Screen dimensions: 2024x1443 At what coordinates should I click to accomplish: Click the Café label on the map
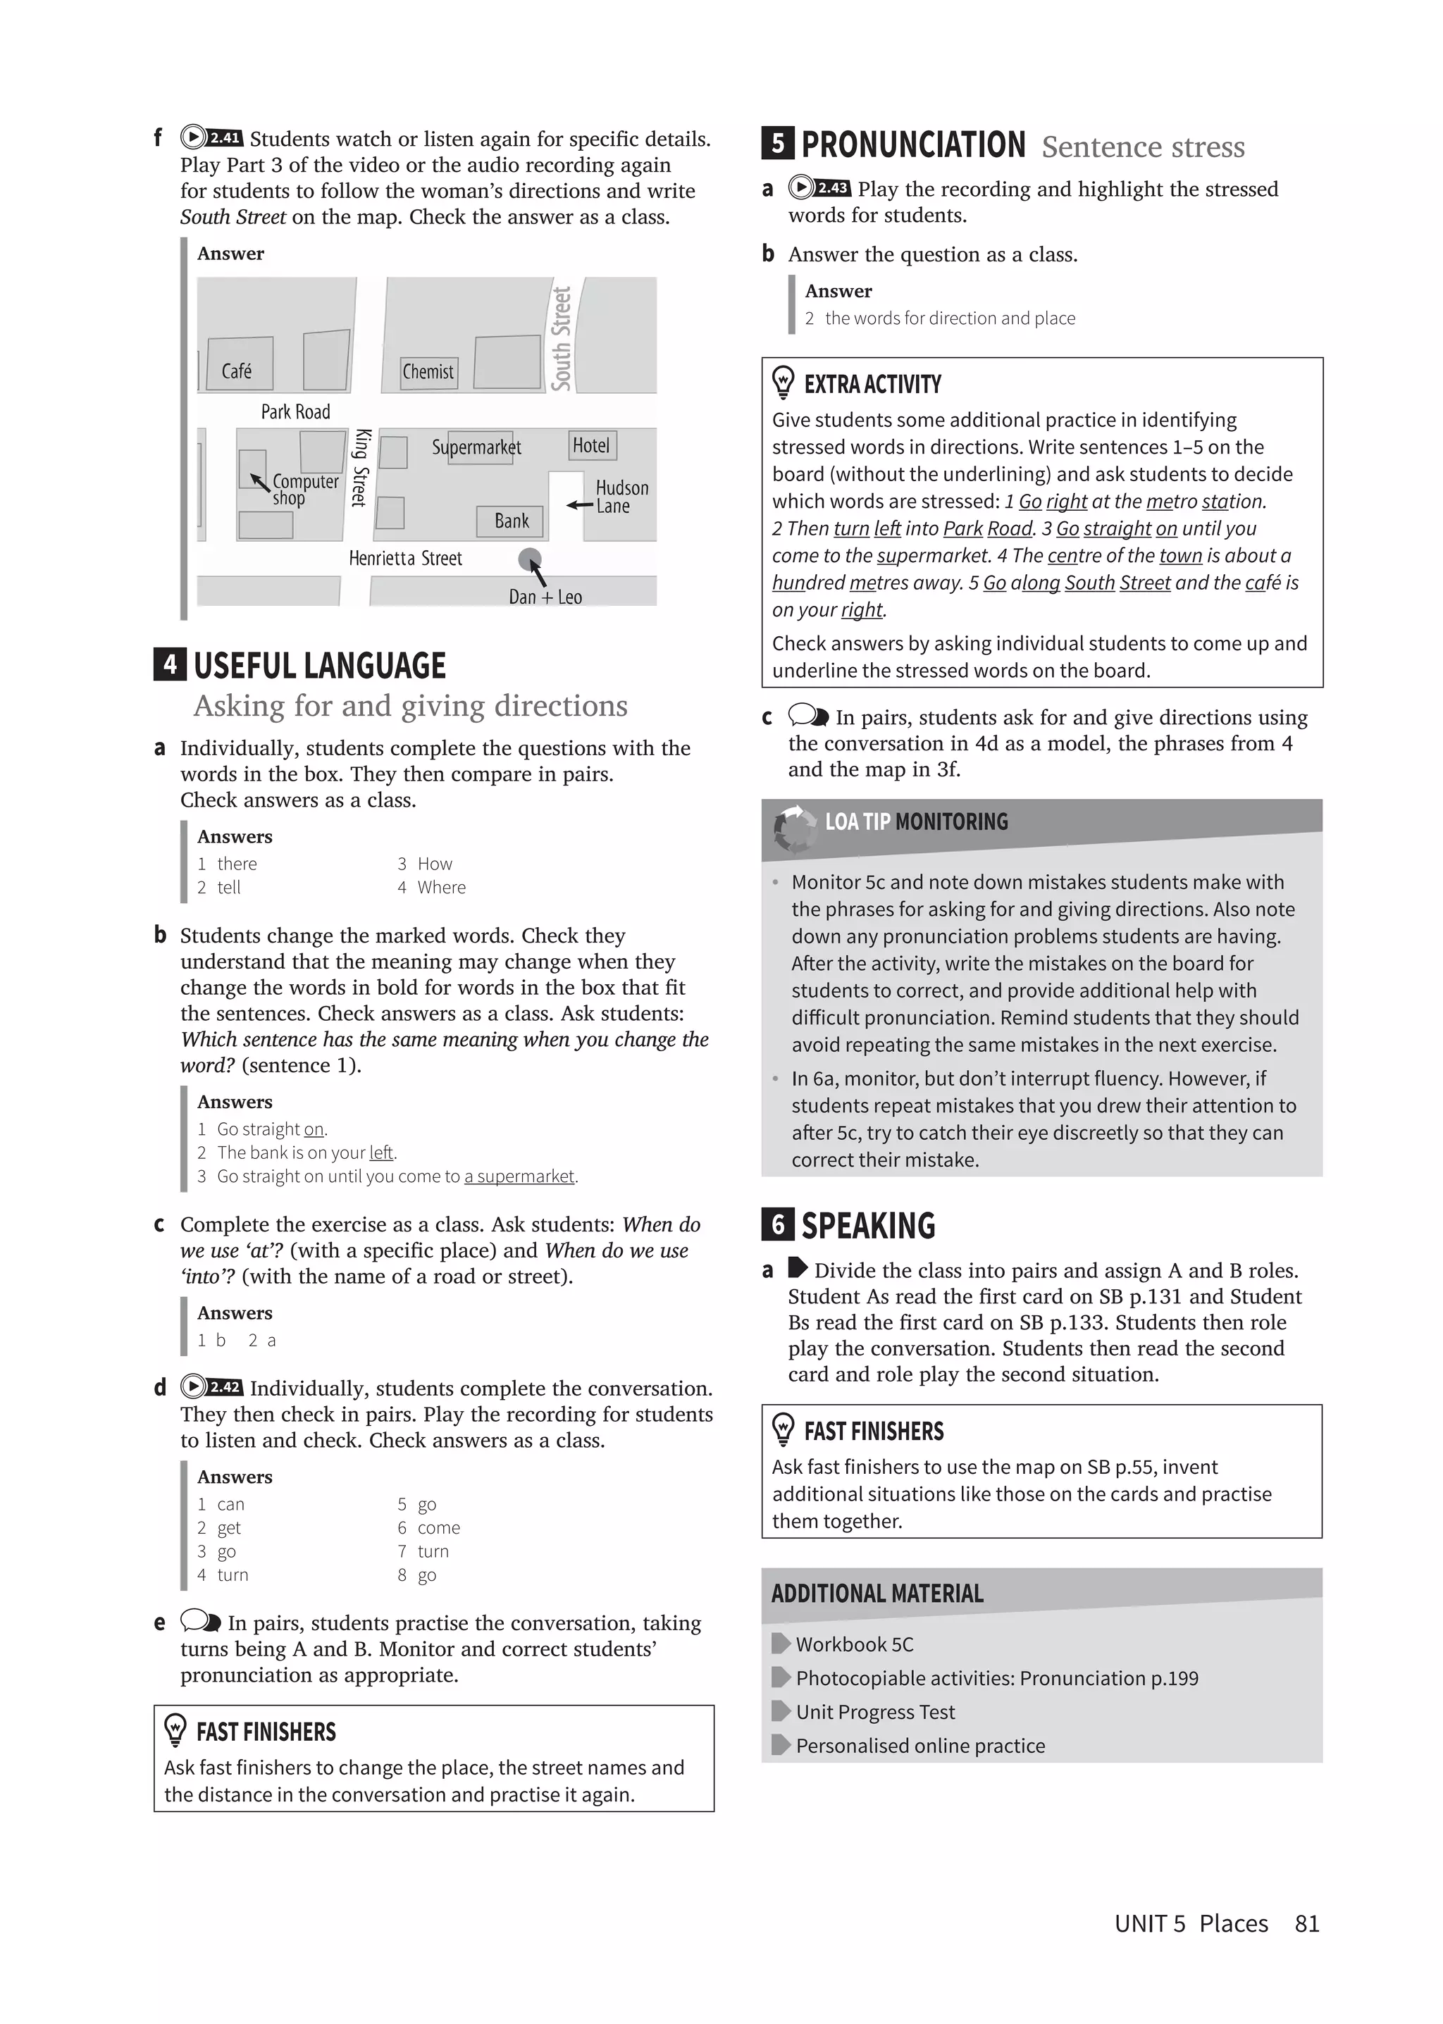click(x=236, y=371)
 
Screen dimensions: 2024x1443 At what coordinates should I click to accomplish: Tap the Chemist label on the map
click(x=428, y=371)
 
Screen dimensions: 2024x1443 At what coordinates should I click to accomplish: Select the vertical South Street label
click(x=561, y=339)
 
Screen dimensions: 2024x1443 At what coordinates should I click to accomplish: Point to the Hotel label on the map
click(x=591, y=445)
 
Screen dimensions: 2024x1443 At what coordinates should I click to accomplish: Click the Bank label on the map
click(x=511, y=521)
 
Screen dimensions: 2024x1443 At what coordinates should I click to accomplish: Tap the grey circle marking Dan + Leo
click(x=530, y=559)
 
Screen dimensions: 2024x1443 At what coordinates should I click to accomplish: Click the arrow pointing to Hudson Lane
click(x=579, y=504)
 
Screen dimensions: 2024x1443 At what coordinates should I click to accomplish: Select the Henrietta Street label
click(x=405, y=558)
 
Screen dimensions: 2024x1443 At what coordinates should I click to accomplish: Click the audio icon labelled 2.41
click(x=211, y=137)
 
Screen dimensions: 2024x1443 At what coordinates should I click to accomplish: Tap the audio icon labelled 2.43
click(x=819, y=187)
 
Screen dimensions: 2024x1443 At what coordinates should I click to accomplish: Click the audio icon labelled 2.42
click(x=211, y=1387)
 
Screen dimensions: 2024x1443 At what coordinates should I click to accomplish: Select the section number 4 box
click(x=170, y=664)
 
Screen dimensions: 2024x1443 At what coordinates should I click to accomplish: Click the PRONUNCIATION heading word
click(x=912, y=145)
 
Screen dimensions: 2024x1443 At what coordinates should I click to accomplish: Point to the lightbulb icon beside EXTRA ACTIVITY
click(x=783, y=383)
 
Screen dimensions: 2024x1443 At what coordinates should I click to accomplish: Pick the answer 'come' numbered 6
click(x=438, y=1527)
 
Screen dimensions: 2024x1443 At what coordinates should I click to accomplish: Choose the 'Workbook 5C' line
click(x=853, y=1644)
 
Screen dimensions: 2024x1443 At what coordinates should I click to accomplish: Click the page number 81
click(x=1306, y=1923)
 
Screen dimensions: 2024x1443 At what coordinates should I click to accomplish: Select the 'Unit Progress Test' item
click(x=874, y=1711)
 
